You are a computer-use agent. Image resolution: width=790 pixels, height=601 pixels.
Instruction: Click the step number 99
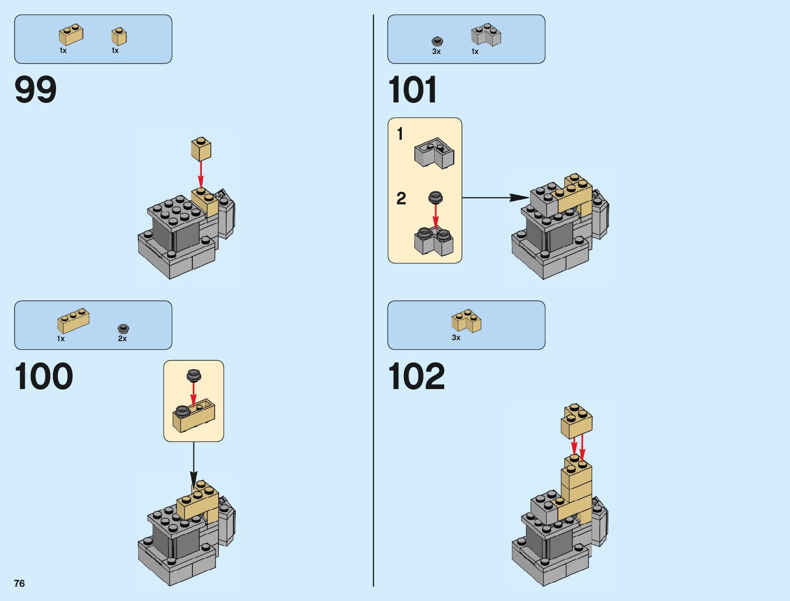tap(35, 90)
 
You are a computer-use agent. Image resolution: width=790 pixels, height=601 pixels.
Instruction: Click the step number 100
tap(43, 376)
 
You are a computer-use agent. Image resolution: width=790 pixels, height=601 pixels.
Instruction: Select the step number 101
tap(412, 90)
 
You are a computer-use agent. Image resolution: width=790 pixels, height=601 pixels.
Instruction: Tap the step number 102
tap(416, 376)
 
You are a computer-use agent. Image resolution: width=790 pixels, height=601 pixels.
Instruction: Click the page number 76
tap(19, 583)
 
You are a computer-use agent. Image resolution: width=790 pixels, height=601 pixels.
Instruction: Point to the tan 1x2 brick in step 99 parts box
tap(71, 35)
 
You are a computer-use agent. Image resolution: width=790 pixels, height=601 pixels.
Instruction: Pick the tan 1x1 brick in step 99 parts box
tap(119, 36)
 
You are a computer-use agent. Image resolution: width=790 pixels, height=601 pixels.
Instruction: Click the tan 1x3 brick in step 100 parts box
tap(73, 320)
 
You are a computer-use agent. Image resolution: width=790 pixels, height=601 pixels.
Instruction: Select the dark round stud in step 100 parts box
tap(123, 329)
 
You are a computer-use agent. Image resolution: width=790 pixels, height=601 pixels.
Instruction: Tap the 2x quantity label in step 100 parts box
tap(122, 339)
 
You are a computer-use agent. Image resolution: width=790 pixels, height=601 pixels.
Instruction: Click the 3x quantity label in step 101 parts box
tap(436, 51)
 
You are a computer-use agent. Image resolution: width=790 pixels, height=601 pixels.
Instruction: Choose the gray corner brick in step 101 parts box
tap(486, 35)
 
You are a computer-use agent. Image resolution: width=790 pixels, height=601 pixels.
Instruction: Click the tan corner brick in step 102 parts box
tap(466, 321)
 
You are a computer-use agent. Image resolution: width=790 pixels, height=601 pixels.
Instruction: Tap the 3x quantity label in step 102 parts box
tap(456, 338)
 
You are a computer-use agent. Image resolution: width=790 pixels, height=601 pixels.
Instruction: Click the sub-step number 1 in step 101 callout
tap(400, 134)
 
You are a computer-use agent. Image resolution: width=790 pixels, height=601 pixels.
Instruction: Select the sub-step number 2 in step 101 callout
tap(401, 198)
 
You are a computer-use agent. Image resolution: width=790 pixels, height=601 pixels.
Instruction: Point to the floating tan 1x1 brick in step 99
tap(201, 149)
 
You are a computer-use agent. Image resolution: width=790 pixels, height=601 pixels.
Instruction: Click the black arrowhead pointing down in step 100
tap(194, 479)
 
